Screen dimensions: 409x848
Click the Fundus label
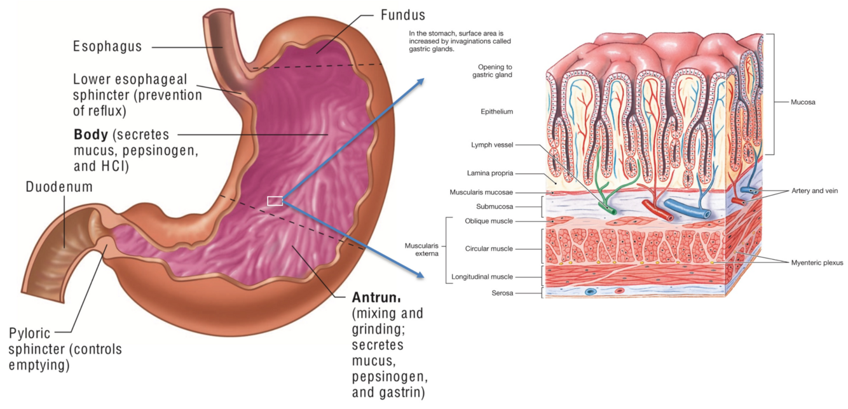click(402, 14)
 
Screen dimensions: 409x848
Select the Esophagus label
click(107, 46)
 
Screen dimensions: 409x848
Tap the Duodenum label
click(59, 187)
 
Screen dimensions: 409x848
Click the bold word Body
click(86, 135)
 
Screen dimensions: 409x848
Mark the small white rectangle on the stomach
click(275, 201)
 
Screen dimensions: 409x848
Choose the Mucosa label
click(803, 102)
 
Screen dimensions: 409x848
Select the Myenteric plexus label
click(817, 263)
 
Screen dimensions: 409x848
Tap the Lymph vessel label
click(493, 145)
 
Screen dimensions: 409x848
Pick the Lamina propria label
click(490, 173)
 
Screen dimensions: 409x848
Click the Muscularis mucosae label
click(481, 192)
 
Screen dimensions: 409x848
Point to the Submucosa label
click(494, 206)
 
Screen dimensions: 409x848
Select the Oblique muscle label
click(488, 221)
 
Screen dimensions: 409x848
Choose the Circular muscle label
click(488, 249)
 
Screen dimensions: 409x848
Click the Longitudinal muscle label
click(482, 277)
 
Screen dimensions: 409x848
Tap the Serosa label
click(502, 293)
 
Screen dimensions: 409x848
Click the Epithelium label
click(496, 112)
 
